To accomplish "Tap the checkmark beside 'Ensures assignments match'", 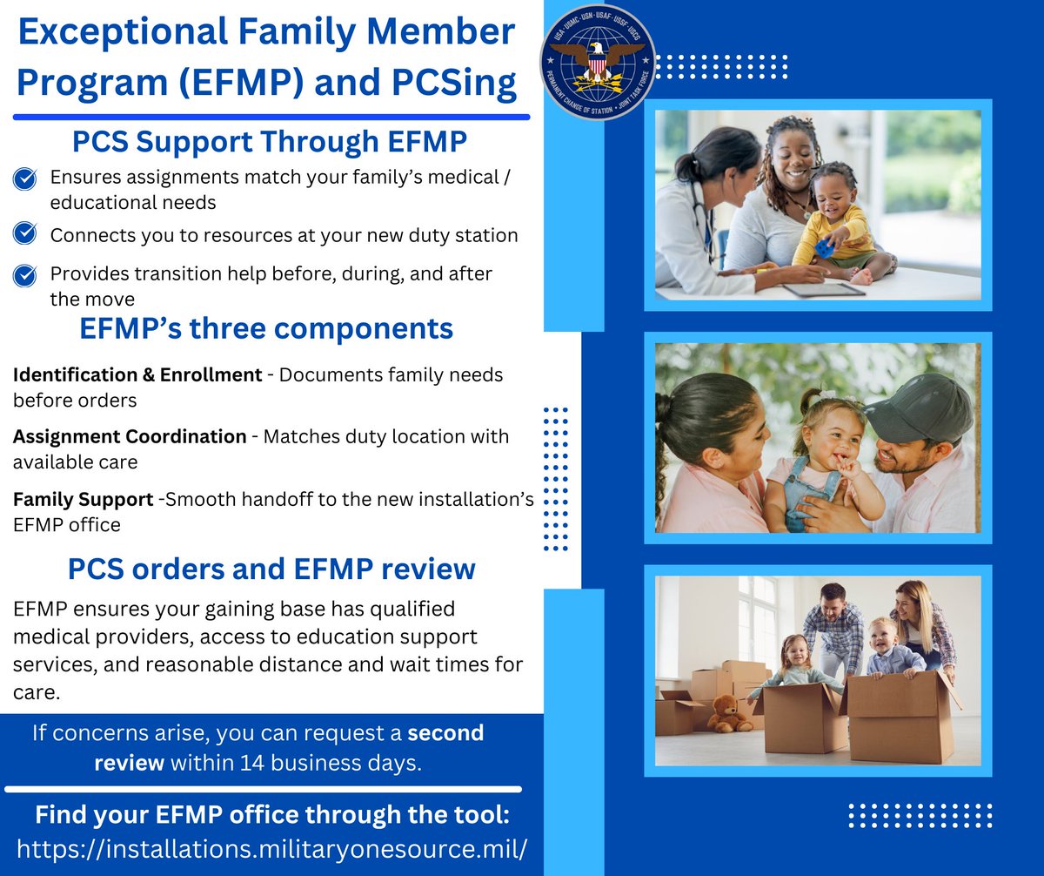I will [x=25, y=179].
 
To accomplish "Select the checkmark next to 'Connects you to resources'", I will [x=25, y=234].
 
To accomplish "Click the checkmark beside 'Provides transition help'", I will [x=25, y=275].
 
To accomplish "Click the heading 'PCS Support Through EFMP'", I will [x=269, y=141].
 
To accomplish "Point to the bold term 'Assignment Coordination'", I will [x=130, y=436].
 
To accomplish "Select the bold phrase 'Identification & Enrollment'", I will [x=137, y=374].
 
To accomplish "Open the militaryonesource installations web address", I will [x=272, y=849].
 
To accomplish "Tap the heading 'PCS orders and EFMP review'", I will [x=271, y=569].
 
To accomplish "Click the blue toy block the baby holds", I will [x=825, y=249].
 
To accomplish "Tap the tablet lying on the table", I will [x=822, y=288].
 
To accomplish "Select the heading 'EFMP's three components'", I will [x=266, y=328].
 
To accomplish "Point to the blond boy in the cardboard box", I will [x=885, y=645].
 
